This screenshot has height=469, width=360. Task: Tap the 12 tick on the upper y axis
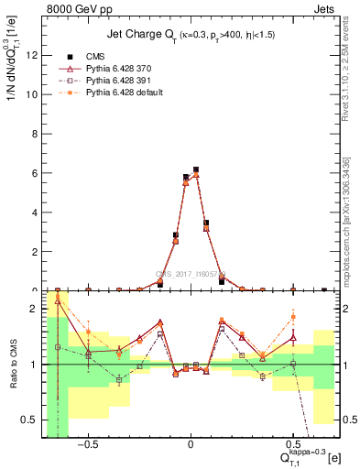pyautogui.click(x=34, y=55)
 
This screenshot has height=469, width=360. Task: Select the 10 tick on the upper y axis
pyautogui.click(x=34, y=94)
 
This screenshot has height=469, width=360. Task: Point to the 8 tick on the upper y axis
pyautogui.click(x=37, y=134)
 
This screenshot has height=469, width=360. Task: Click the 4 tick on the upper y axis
pyautogui.click(x=37, y=213)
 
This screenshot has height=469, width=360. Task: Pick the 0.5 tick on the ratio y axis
pyautogui.click(x=32, y=420)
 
